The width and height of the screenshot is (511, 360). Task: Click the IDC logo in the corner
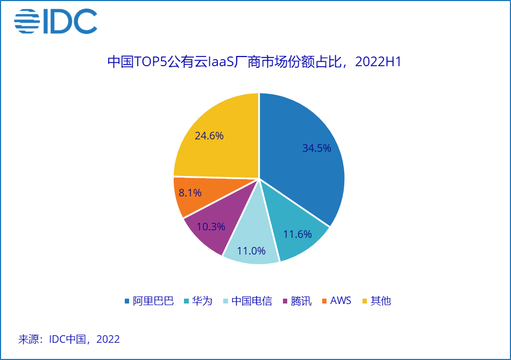coord(55,22)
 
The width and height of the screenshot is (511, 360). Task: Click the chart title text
coord(254,62)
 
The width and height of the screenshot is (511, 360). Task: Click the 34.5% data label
coord(316,148)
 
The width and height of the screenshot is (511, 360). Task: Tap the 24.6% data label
coord(209,136)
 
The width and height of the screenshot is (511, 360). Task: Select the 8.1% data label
coord(190,193)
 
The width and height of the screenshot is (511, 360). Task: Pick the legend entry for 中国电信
coord(247,301)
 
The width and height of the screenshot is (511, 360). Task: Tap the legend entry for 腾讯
coord(297,301)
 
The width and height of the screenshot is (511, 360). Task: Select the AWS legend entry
coord(336,301)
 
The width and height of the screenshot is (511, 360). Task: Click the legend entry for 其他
coord(377,301)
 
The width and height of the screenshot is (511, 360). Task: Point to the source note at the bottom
coord(69,340)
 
